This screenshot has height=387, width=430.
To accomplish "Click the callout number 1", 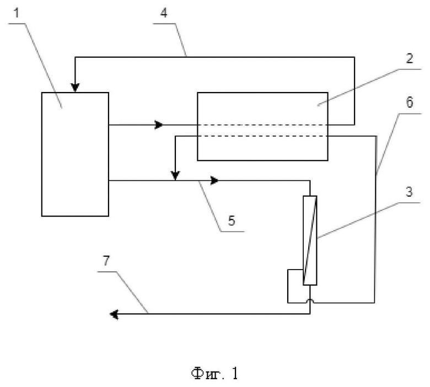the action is [17, 13].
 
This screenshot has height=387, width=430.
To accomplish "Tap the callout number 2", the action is [409, 58].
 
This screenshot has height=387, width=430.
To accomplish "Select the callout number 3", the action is [409, 192].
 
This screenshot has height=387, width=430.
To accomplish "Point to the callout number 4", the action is [164, 13].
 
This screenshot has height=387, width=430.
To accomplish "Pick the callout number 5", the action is [232, 221].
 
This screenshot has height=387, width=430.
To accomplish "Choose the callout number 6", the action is [409, 103].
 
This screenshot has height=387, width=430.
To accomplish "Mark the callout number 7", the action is [106, 261].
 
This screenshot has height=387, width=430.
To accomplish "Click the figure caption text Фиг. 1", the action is [215, 374].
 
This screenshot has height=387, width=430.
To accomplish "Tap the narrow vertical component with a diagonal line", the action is [310, 240].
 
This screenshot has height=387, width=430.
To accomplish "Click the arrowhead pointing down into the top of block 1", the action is [75, 88].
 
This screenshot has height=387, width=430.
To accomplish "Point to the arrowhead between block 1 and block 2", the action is [159, 125].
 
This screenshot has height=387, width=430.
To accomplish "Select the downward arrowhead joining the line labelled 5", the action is [175, 176].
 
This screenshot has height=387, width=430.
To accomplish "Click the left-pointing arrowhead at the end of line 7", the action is [114, 314].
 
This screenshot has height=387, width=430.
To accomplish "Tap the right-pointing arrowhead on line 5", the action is [214, 180].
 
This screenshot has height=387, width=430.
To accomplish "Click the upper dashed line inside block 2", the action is [262, 125].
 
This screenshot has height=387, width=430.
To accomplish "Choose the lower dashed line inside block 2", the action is [262, 136].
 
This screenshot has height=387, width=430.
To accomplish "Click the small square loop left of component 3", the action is [288, 286].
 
